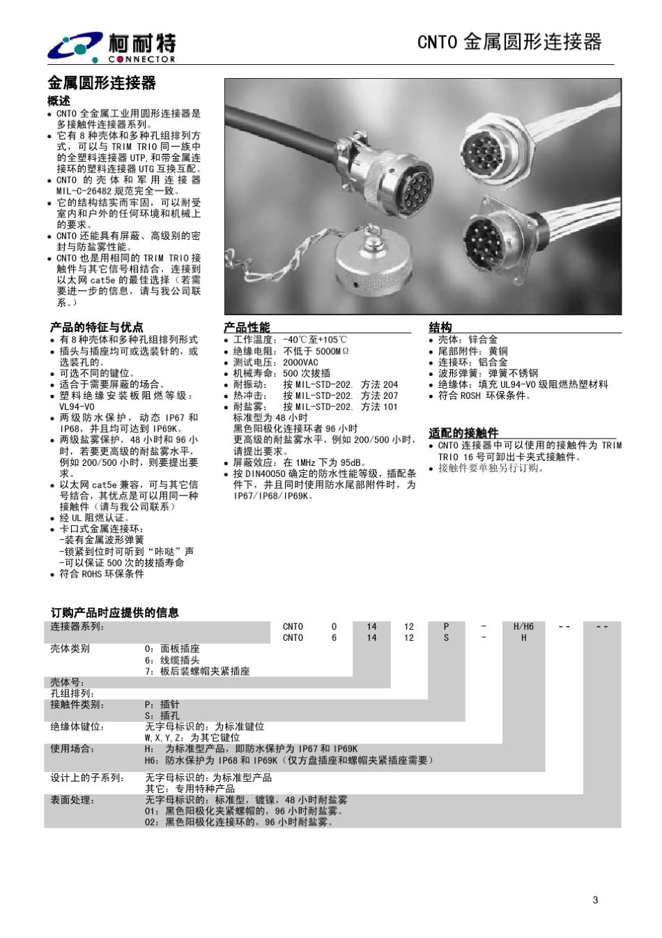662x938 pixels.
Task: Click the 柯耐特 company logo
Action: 111,47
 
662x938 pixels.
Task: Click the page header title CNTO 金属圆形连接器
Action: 509,42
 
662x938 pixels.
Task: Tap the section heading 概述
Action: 59,100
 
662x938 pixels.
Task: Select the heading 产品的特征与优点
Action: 96,327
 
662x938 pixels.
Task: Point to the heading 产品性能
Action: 247,327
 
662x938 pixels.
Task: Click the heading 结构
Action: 440,327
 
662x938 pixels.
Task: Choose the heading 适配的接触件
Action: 463,433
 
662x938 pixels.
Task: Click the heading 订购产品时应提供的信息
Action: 115,612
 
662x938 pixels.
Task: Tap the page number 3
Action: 595,900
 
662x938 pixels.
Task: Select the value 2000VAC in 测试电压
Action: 300,362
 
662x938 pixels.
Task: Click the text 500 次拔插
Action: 307,373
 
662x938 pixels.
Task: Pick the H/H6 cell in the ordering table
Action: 523,626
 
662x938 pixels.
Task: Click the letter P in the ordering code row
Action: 446,626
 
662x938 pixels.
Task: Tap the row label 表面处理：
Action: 72,800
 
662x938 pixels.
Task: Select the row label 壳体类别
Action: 70,649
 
